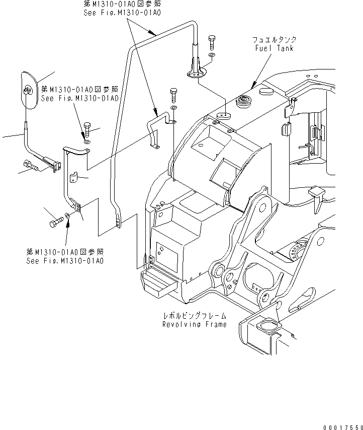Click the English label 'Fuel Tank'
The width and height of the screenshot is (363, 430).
coord(274,48)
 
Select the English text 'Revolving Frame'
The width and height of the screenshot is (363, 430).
coord(194,324)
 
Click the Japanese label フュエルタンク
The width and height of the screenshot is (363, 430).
coord(275,40)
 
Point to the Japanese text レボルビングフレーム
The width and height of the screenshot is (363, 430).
coord(194,316)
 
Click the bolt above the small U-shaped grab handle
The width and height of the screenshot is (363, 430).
coord(173,94)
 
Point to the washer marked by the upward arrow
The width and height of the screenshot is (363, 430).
coord(68,221)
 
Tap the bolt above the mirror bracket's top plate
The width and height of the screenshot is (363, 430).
coord(88,129)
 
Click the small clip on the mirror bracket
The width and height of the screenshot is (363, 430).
coord(74,178)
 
